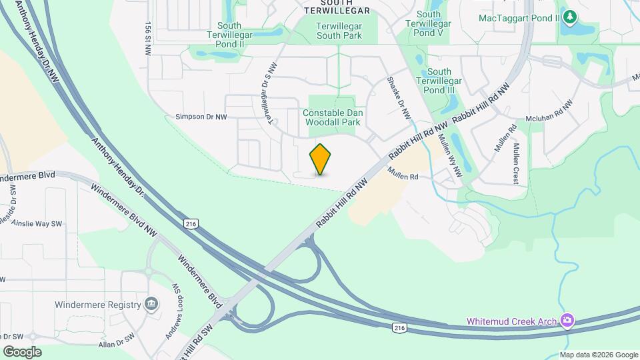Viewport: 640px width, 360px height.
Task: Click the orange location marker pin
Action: point(321,159)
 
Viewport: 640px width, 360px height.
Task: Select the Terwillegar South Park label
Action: point(339,30)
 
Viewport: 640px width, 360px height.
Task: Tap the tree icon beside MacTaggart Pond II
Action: point(569,16)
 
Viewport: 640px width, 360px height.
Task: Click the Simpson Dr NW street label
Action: point(201,117)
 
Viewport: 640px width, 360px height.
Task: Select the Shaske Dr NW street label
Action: point(399,98)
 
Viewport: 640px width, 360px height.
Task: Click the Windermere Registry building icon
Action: point(151,305)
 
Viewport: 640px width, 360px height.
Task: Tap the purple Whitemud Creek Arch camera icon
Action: point(567,321)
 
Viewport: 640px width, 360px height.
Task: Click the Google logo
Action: point(22,351)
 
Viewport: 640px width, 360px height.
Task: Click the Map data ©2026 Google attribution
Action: point(599,355)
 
